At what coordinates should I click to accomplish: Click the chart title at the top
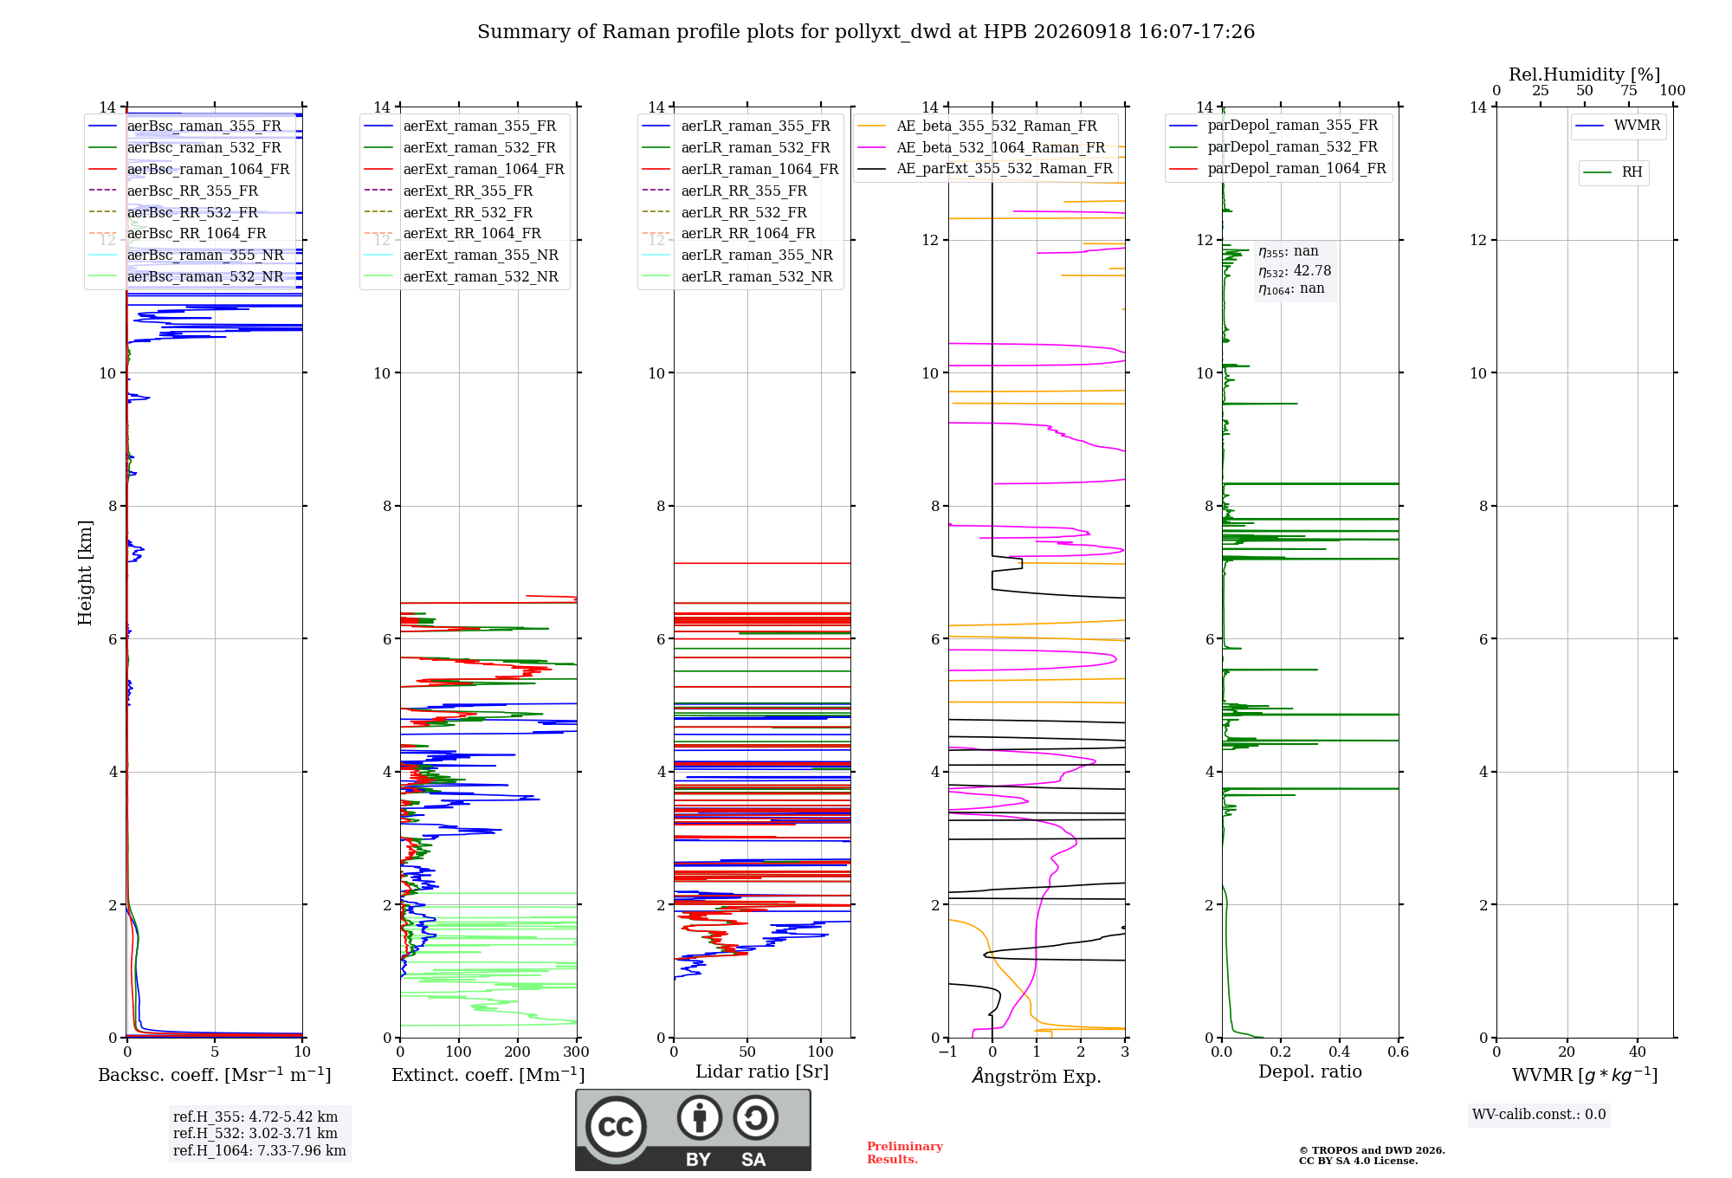[x=866, y=32]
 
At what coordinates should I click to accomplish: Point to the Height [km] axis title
[x=85, y=572]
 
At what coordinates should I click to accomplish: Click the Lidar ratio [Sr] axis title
[x=762, y=1071]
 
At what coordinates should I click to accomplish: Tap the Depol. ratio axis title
[x=1310, y=1071]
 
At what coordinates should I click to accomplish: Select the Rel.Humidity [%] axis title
[x=1585, y=74]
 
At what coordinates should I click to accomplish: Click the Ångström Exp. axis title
[x=1037, y=1076]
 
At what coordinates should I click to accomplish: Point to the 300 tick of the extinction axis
[x=577, y=1052]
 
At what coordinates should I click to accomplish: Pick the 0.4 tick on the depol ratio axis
[x=1340, y=1052]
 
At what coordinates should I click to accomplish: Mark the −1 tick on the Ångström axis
[x=948, y=1052]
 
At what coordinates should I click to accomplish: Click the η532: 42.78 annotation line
[x=1295, y=271]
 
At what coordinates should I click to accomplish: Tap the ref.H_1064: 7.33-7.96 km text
[x=260, y=1150]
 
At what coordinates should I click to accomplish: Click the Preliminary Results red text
[x=905, y=1153]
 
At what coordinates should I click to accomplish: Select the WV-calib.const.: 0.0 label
[x=1539, y=1115]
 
